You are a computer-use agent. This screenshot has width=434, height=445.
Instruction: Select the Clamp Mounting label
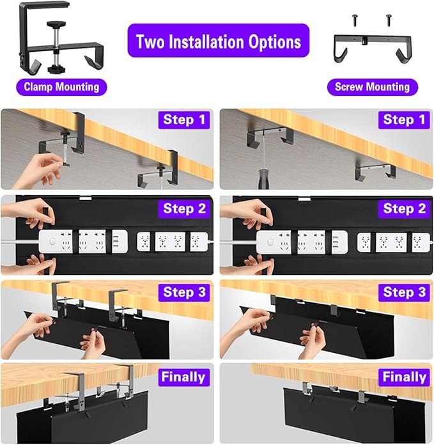click(x=62, y=86)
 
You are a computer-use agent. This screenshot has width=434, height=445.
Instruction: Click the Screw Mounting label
click(x=372, y=87)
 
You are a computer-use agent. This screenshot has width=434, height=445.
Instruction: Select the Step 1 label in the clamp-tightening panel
click(x=185, y=120)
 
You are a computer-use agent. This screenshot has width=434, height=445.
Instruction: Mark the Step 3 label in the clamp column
click(x=185, y=292)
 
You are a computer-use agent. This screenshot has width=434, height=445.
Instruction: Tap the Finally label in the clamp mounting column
click(x=183, y=377)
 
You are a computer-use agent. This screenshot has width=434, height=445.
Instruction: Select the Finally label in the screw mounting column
click(x=404, y=377)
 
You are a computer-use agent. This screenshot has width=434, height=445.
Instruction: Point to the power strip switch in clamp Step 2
click(x=49, y=242)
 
